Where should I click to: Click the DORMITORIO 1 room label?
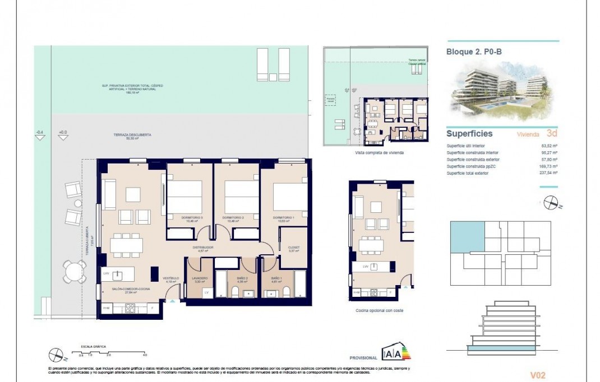[x=284, y=217]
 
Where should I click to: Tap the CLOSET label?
[x=293, y=248]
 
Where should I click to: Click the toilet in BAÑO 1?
[x=285, y=291]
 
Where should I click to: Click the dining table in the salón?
[x=126, y=245]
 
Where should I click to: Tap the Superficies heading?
[x=469, y=134]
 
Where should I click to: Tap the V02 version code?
[x=537, y=375]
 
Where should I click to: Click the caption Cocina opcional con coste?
[x=380, y=310]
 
